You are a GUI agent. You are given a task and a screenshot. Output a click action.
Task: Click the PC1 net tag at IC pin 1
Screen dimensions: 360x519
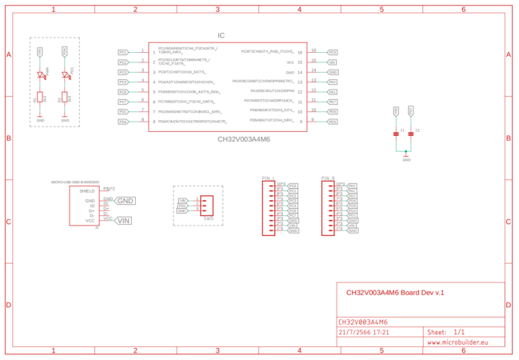[x=122, y=52]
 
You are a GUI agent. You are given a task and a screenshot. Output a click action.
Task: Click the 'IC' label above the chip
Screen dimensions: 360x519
[x=222, y=35]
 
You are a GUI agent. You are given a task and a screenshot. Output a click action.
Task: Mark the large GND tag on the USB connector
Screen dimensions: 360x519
[x=125, y=201]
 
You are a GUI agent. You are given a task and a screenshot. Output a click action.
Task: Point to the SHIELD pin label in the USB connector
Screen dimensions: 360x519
[x=87, y=191]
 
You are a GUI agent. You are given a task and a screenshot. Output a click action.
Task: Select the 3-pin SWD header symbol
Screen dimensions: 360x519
[x=207, y=205]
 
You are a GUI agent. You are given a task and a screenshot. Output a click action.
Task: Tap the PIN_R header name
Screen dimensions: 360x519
[x=327, y=177]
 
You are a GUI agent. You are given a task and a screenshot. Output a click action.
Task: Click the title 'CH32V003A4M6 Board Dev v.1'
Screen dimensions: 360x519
[x=394, y=293]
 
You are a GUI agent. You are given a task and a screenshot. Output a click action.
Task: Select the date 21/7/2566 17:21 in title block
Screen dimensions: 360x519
[x=364, y=331]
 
